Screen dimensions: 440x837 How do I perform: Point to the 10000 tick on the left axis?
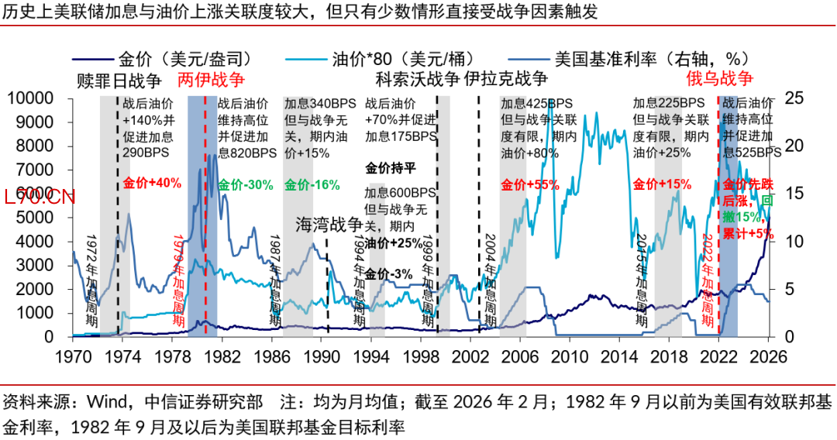point(33,98)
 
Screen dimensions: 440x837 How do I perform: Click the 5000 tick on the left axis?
point(39,218)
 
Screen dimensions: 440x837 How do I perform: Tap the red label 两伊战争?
point(211,79)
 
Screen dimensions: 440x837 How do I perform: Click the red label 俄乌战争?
point(720,79)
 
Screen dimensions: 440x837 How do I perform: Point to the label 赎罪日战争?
point(119,79)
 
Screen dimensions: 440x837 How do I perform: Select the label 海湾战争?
point(329,225)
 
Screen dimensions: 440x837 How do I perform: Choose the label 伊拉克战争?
point(507,79)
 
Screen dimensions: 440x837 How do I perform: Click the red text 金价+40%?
point(152,184)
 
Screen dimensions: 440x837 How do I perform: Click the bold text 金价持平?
point(391,167)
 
